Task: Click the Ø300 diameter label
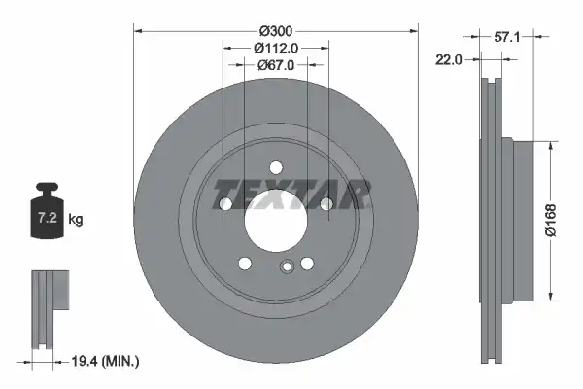[276, 31]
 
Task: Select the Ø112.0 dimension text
[276, 48]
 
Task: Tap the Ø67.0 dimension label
[276, 65]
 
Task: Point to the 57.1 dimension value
[507, 37]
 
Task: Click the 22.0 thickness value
[448, 59]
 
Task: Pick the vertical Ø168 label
[551, 220]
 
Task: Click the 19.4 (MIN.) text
[105, 361]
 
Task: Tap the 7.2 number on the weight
[48, 218]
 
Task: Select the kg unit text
[76, 219]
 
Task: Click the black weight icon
[48, 210]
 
